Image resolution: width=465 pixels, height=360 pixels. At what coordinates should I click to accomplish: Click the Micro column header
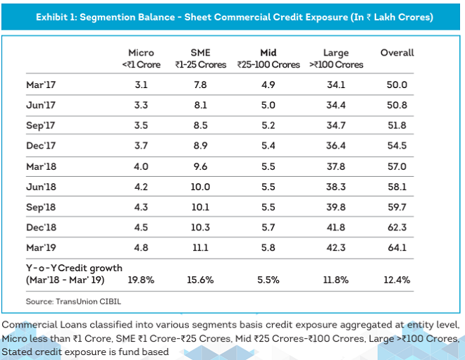tap(141, 53)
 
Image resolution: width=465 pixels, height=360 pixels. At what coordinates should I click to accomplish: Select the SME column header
tap(201, 53)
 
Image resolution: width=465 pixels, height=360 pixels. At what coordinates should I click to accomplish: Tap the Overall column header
tap(397, 53)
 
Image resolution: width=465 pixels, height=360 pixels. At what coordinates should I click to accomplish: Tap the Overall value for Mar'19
tap(397, 247)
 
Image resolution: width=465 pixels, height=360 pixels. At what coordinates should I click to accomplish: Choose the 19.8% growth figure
tap(141, 280)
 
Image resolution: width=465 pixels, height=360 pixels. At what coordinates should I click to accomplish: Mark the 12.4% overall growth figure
tap(397, 280)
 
